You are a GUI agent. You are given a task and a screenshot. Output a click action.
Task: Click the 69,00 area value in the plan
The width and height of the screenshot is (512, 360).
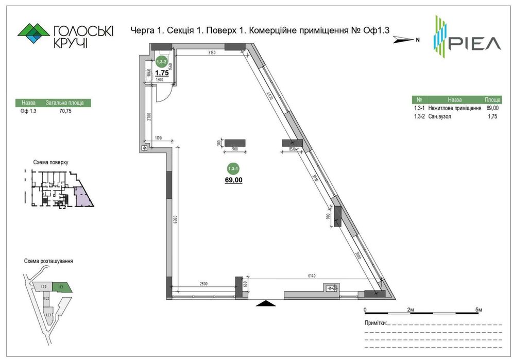point(233,180)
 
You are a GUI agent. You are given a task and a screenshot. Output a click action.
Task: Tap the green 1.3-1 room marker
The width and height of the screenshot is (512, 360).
point(233,168)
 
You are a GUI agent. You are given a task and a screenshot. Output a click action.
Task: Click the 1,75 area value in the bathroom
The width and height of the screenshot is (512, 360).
point(162,73)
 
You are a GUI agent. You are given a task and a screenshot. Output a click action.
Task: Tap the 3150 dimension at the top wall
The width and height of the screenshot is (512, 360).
point(211,53)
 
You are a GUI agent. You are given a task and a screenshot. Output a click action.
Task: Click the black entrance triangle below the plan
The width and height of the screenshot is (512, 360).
point(266,303)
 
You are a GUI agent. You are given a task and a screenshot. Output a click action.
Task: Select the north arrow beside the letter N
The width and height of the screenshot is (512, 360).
point(403,39)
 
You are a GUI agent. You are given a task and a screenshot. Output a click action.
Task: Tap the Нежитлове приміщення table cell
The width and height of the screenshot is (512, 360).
point(454,108)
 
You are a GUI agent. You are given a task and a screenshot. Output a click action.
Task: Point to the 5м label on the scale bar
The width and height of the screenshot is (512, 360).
point(479,310)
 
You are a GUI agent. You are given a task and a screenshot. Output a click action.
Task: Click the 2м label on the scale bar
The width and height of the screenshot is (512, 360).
point(411,310)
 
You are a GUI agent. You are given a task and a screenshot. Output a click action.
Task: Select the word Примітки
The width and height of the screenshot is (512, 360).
point(374,323)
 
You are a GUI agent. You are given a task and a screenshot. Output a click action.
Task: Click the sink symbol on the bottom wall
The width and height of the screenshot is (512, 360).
point(331,288)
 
